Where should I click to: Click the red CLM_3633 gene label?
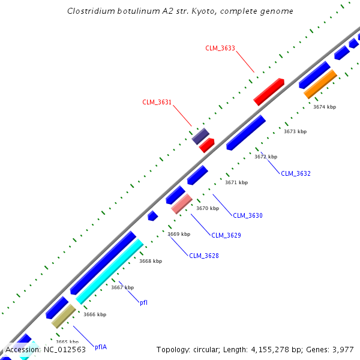tap(220, 48)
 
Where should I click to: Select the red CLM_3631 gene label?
tap(157, 102)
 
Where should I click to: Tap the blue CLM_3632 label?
tap(296, 173)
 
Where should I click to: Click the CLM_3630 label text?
tap(248, 215)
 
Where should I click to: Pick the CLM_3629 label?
tap(226, 235)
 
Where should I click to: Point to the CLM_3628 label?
tap(204, 256)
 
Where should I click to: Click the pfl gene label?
tap(143, 302)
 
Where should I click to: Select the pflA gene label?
tap(101, 347)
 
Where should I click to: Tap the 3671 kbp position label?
tap(236, 182)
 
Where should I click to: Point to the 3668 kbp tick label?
tap(151, 261)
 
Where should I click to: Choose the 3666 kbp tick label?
tap(95, 314)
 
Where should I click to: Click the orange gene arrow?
tap(320, 84)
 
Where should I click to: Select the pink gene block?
tap(182, 203)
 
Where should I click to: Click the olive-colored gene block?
tap(63, 316)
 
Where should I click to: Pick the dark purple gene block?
tap(200, 136)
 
